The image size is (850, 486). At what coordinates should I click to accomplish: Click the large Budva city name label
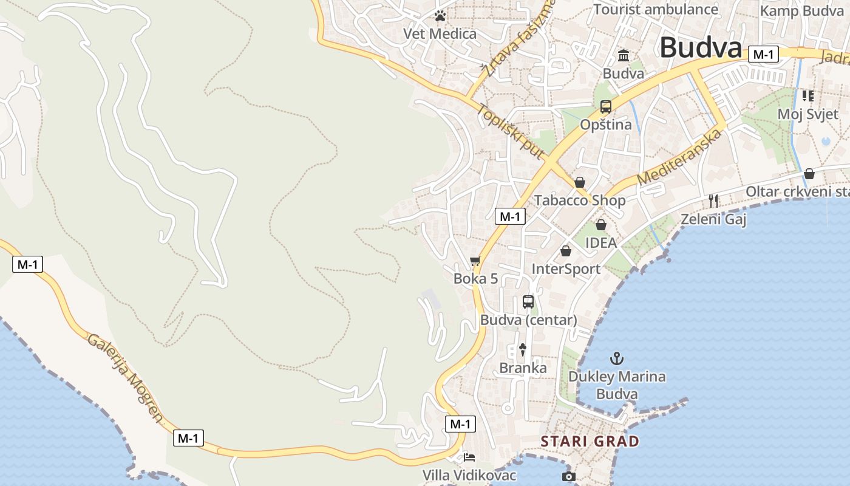coord(701,48)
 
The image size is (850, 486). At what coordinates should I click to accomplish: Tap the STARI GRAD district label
coord(590,441)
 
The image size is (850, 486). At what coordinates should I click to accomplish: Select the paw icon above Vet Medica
coord(440,16)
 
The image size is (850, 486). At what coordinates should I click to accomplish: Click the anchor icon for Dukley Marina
coord(617,358)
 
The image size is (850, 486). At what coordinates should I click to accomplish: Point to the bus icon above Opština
coord(605,107)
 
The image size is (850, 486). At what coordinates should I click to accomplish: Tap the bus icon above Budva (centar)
coord(528,302)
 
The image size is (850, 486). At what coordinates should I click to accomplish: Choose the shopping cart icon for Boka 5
coord(475,261)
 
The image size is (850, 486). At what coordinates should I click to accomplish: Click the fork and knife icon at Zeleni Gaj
coord(713,200)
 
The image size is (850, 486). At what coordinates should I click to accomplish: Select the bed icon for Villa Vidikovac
coord(469,457)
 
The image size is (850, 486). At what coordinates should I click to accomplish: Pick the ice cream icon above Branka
coord(522,349)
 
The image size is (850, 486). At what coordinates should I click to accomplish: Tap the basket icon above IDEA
coord(600,225)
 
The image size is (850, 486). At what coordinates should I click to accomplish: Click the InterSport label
coord(566,269)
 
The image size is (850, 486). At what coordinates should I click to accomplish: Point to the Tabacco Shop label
coord(579,200)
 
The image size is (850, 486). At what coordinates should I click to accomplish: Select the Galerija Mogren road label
coord(126,377)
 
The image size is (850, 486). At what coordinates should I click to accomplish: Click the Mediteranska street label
coord(679,157)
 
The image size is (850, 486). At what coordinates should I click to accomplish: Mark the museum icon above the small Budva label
coord(623,56)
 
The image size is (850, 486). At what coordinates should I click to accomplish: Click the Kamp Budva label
coord(801,11)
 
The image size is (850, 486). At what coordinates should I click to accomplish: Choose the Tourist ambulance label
coord(656,9)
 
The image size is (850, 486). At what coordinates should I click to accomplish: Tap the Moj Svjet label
coord(807,114)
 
